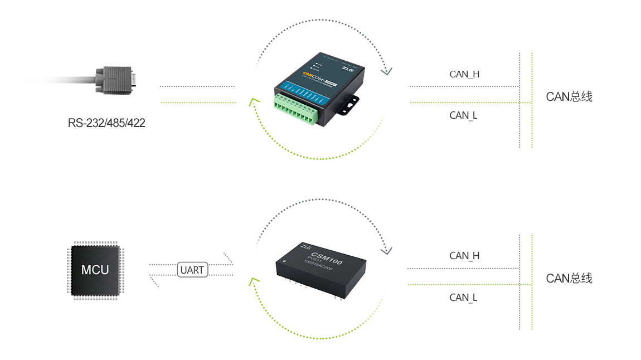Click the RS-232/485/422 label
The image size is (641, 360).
(106, 123)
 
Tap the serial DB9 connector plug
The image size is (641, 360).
(116, 80)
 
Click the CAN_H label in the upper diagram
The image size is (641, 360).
(464, 74)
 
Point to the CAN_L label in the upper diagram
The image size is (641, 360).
(463, 115)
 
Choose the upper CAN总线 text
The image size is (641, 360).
(569, 96)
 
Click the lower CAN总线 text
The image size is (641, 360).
(569, 278)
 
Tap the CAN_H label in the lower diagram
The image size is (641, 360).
(464, 256)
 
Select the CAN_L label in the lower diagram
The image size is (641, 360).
(463, 298)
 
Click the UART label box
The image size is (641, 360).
(192, 270)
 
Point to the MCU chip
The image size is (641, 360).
(95, 270)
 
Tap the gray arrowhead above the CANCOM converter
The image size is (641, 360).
(386, 71)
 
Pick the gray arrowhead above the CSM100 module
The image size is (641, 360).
(386, 250)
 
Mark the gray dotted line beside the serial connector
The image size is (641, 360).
(197, 86)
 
